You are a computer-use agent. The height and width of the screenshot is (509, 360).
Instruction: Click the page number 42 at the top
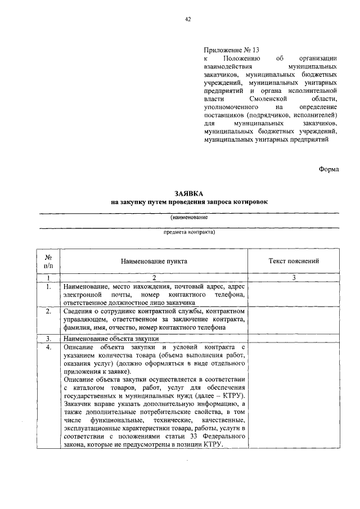188,19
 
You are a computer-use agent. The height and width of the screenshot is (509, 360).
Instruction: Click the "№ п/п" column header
48,261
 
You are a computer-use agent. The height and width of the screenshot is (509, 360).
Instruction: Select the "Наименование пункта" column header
153,261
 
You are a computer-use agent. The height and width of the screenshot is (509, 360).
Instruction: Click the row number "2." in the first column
48,310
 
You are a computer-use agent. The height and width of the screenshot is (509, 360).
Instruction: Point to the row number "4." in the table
48,347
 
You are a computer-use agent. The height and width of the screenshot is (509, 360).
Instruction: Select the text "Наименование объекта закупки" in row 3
111,339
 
